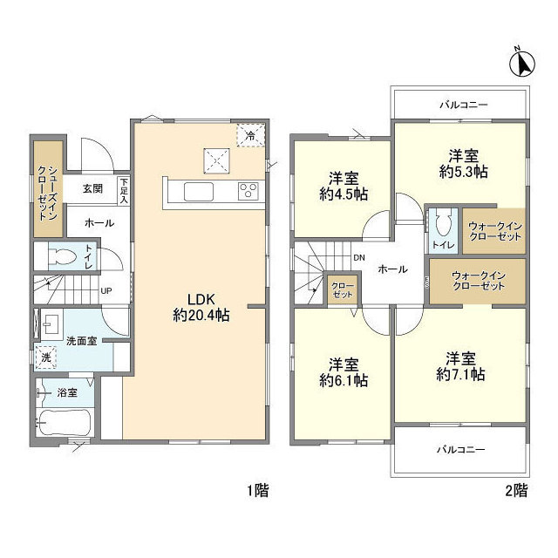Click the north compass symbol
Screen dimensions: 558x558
coord(522,63)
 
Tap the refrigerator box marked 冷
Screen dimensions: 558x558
coord(251,135)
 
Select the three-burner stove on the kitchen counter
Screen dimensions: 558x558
coord(248,191)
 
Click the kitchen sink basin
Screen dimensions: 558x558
coord(199,192)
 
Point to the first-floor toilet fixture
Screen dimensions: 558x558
coord(62,255)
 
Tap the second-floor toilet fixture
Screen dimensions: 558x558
coord(444,223)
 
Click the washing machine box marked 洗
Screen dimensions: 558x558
coord(46,357)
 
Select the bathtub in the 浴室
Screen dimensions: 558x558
coord(64,422)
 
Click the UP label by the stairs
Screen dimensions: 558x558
coord(106,290)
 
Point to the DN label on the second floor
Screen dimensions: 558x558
coord(359,258)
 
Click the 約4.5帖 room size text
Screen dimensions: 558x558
coord(344,194)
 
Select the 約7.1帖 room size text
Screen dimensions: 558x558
coord(460,374)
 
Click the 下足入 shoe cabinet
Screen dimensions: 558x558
coord(124,191)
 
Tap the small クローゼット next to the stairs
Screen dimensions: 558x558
coord(343,289)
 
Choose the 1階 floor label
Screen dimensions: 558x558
coord(258,491)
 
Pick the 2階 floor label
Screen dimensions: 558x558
coord(516,491)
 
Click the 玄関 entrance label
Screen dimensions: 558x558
coord(93,188)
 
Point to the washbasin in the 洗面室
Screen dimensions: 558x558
coord(52,324)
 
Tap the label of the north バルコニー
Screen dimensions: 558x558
coord(463,105)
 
